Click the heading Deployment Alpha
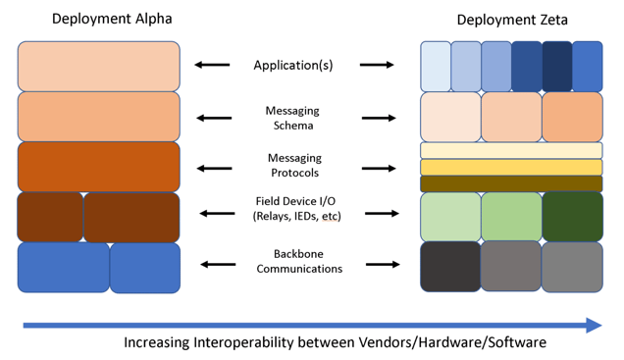click(98, 19)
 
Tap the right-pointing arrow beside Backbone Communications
click(378, 265)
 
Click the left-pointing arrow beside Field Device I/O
click(218, 213)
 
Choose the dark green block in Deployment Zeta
click(573, 215)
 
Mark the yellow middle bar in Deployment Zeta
click(511, 167)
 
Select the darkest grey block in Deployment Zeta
click(450, 267)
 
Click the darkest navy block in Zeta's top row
click(556, 66)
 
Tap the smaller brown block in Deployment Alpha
click(50, 217)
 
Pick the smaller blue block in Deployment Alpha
click(145, 267)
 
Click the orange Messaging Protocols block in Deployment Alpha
click(98, 166)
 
